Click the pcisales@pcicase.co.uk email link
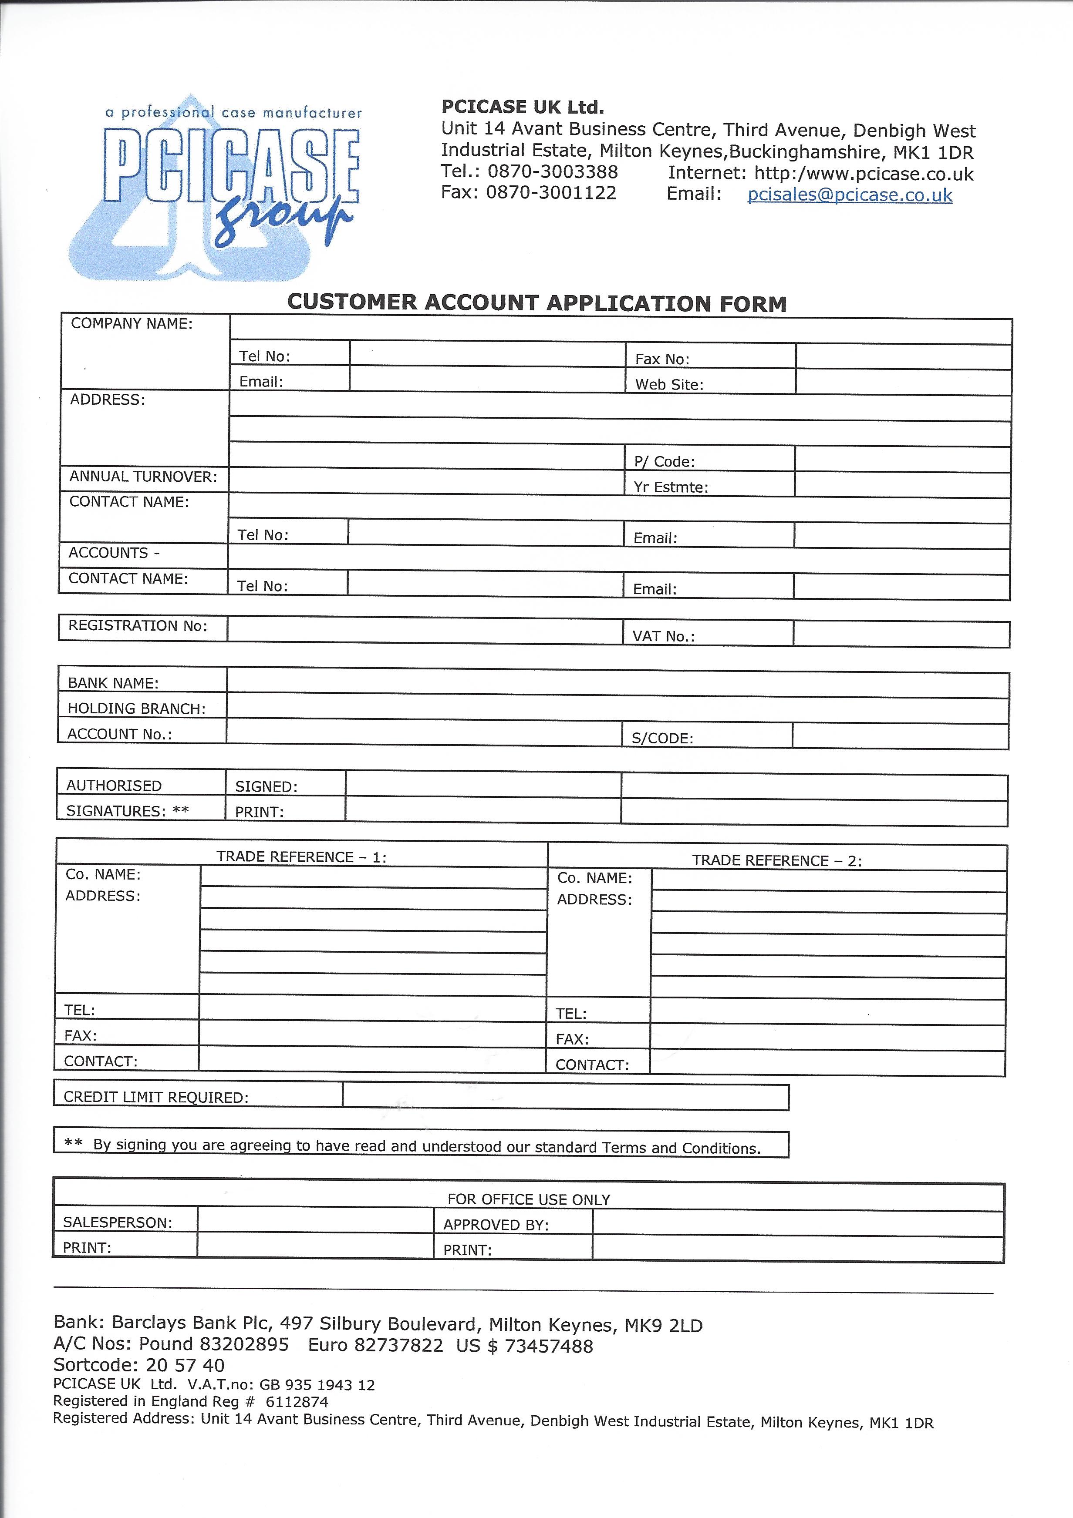click(850, 195)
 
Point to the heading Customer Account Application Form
click(536, 303)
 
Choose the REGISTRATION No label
click(138, 625)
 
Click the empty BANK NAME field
click(617, 684)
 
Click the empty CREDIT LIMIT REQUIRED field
click(565, 1097)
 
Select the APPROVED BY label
click(496, 1224)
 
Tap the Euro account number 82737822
click(398, 1345)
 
